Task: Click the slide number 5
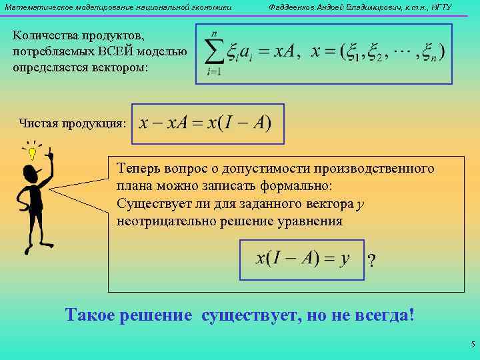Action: pyautogui.click(x=471, y=345)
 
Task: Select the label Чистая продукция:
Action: pyautogui.click(x=72, y=123)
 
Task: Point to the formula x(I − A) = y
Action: pyautogui.click(x=303, y=259)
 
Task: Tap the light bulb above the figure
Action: pyautogui.click(x=32, y=154)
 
